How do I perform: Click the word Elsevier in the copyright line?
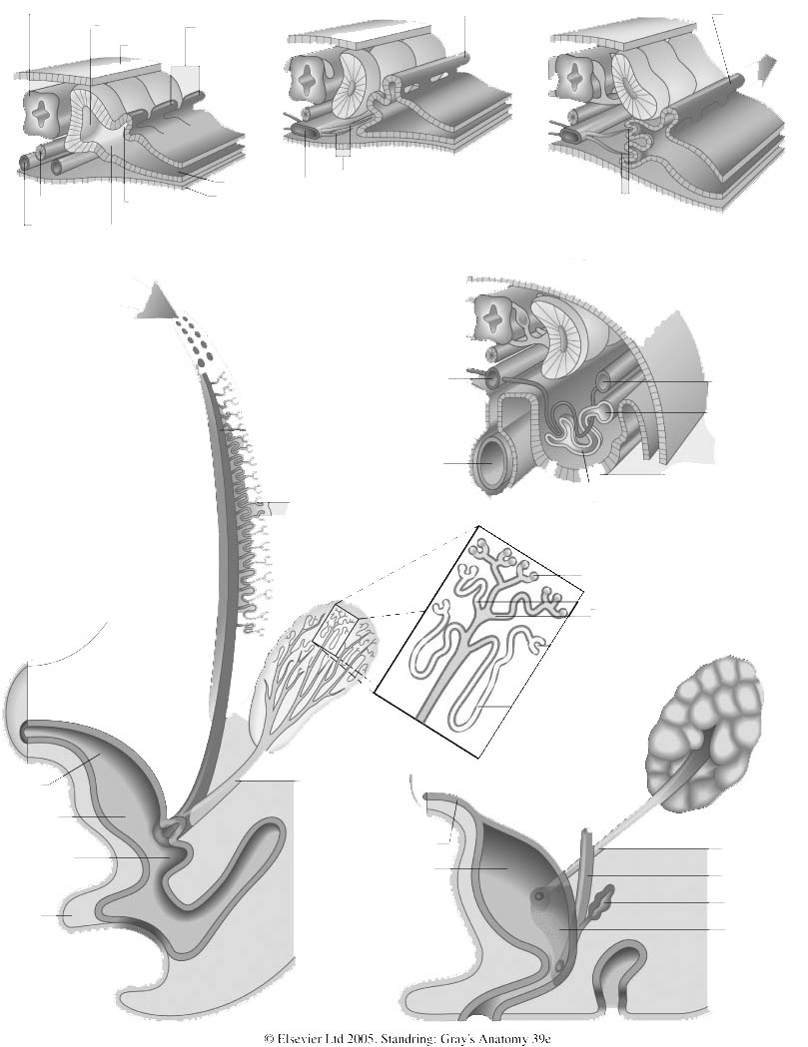tap(298, 1038)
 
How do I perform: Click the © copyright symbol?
tap(270, 1038)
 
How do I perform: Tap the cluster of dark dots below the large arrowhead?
tap(193, 340)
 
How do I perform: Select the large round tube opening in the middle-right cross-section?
tap(489, 463)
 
